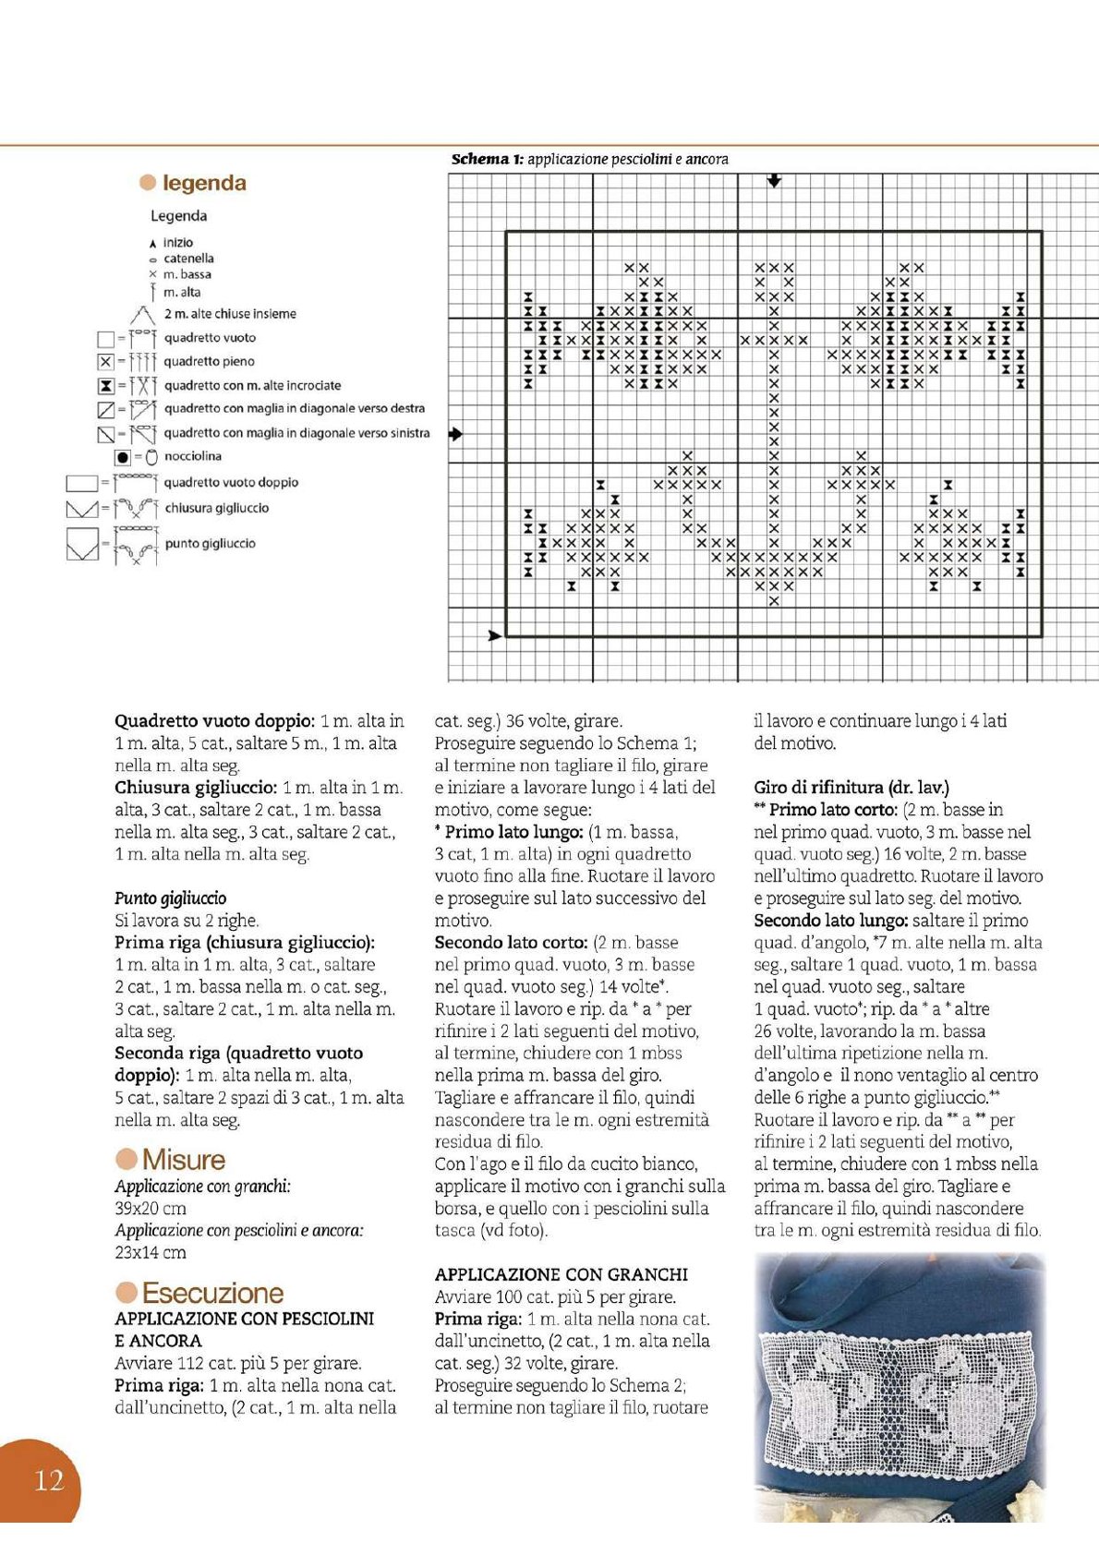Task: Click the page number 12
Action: (x=49, y=1481)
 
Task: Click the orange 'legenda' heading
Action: (x=204, y=183)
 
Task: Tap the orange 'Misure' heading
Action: (x=183, y=1160)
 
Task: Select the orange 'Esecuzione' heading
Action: (x=212, y=1294)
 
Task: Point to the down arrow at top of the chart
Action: (x=774, y=181)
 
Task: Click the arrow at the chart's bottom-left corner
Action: (x=494, y=635)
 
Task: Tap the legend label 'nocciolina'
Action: (x=193, y=456)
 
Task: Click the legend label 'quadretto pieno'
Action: (x=209, y=362)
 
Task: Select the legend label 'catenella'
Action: (x=188, y=259)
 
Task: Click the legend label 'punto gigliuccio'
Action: (x=211, y=544)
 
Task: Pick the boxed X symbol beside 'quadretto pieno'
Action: (x=105, y=362)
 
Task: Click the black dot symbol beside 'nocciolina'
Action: (x=122, y=457)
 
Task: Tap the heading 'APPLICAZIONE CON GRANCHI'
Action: (x=561, y=1274)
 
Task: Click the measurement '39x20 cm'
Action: (x=151, y=1208)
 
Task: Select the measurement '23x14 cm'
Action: (x=151, y=1252)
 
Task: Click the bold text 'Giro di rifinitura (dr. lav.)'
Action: (x=851, y=788)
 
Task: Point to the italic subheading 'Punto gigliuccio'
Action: (x=171, y=898)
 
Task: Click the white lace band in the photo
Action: (x=899, y=1389)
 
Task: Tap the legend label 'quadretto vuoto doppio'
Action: (x=231, y=482)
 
